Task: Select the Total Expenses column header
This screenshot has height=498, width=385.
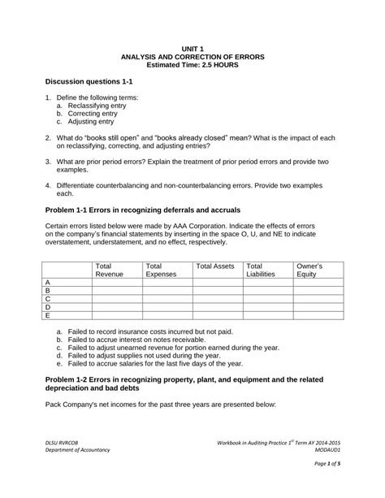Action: pyautogui.click(x=160, y=271)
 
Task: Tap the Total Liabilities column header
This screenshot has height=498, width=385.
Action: pyautogui.click(x=261, y=271)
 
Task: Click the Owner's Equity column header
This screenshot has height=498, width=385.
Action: pyautogui.click(x=310, y=271)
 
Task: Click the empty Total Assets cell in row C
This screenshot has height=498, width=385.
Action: pyautogui.click(x=217, y=299)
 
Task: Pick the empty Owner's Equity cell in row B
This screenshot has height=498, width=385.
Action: pyautogui.click(x=317, y=290)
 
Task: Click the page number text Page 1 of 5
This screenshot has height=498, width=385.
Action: pyautogui.click(x=325, y=485)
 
